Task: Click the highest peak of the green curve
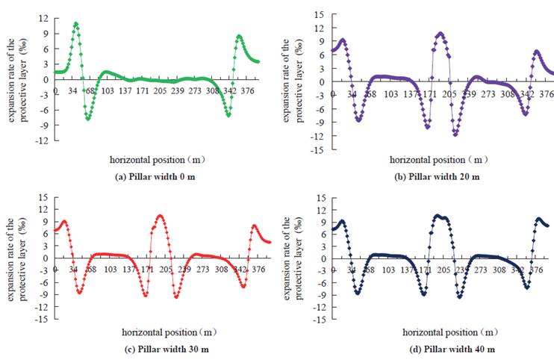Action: (x=75, y=24)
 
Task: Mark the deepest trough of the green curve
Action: (x=88, y=119)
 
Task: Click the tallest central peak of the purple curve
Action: (x=441, y=34)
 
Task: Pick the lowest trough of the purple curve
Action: (x=455, y=134)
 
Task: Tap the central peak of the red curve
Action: (x=160, y=216)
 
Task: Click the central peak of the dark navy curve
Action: (x=439, y=216)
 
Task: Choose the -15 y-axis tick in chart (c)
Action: (x=42, y=319)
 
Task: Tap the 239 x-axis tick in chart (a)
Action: (x=178, y=90)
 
